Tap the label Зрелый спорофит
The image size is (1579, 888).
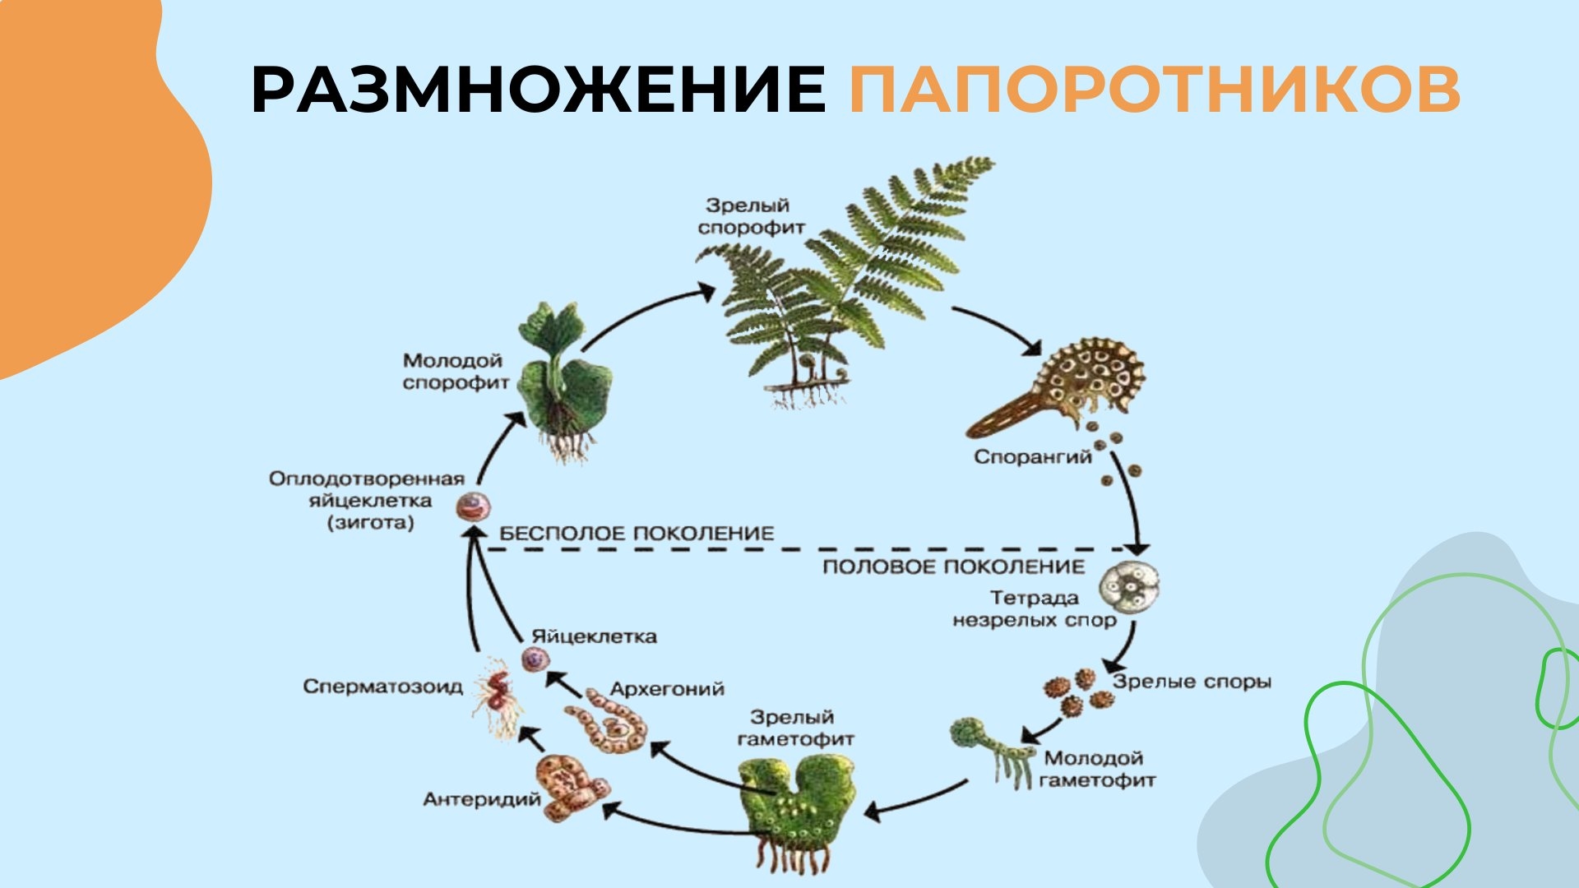(x=750, y=216)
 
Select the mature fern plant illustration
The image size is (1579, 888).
(x=847, y=280)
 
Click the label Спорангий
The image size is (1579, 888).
(x=1032, y=456)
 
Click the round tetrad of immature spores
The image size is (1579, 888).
(x=1132, y=589)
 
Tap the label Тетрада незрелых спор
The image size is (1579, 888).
(x=1034, y=609)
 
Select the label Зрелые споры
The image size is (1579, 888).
(x=1192, y=682)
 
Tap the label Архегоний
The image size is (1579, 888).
(x=667, y=689)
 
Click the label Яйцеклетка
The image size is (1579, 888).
(x=594, y=636)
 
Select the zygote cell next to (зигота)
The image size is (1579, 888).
(x=473, y=506)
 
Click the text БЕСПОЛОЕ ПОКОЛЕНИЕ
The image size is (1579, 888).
(x=637, y=534)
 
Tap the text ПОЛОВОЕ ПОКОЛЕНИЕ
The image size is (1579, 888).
(x=953, y=567)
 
